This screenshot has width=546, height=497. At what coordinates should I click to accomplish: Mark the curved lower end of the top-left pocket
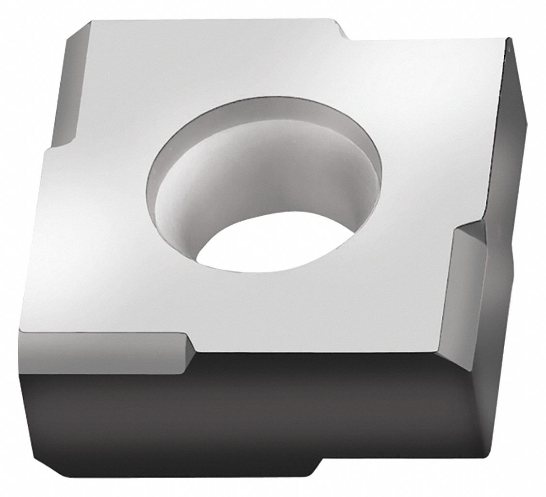point(58,145)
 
